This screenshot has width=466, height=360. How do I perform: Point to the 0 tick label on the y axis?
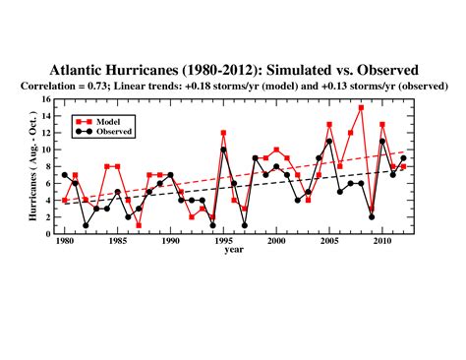click(x=48, y=233)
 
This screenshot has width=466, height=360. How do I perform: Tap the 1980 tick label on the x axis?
click(x=65, y=241)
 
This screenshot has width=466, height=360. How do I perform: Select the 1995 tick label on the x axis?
click(x=223, y=241)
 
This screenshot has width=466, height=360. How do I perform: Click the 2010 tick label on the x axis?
click(x=382, y=241)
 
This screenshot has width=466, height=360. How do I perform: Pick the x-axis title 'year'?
click(x=234, y=250)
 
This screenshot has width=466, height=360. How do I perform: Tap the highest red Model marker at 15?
click(x=362, y=107)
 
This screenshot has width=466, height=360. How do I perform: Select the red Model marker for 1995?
click(x=223, y=133)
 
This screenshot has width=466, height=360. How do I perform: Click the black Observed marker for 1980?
click(x=65, y=175)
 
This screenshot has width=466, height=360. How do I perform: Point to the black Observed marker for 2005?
click(x=329, y=141)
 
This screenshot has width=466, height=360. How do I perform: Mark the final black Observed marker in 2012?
click(x=404, y=158)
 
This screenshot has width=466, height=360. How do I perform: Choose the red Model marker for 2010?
click(x=382, y=124)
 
